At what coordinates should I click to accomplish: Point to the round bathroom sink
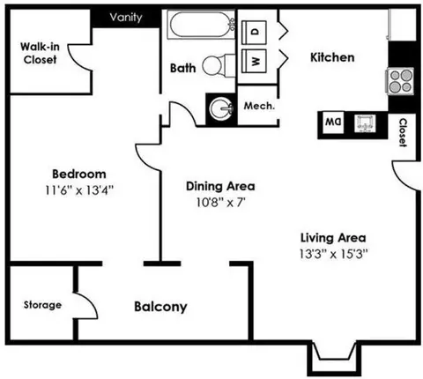point(220,109)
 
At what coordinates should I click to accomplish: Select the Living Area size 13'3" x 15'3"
point(332,253)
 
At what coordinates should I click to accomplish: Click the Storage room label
point(42,305)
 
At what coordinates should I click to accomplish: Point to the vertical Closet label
point(404,131)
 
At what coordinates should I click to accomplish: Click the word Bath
point(182,67)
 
